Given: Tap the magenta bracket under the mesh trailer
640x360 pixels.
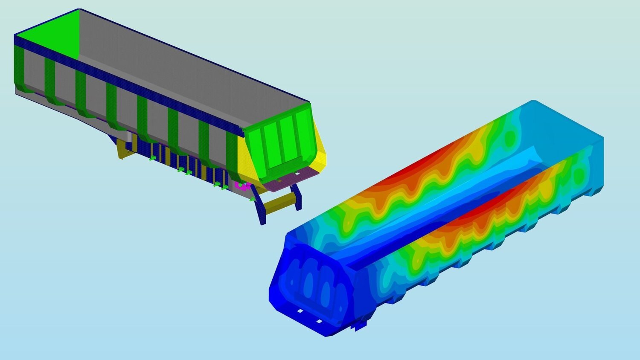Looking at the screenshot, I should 241,186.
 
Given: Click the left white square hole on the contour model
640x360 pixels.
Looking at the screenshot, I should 300,311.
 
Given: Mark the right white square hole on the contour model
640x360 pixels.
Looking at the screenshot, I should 319,321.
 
